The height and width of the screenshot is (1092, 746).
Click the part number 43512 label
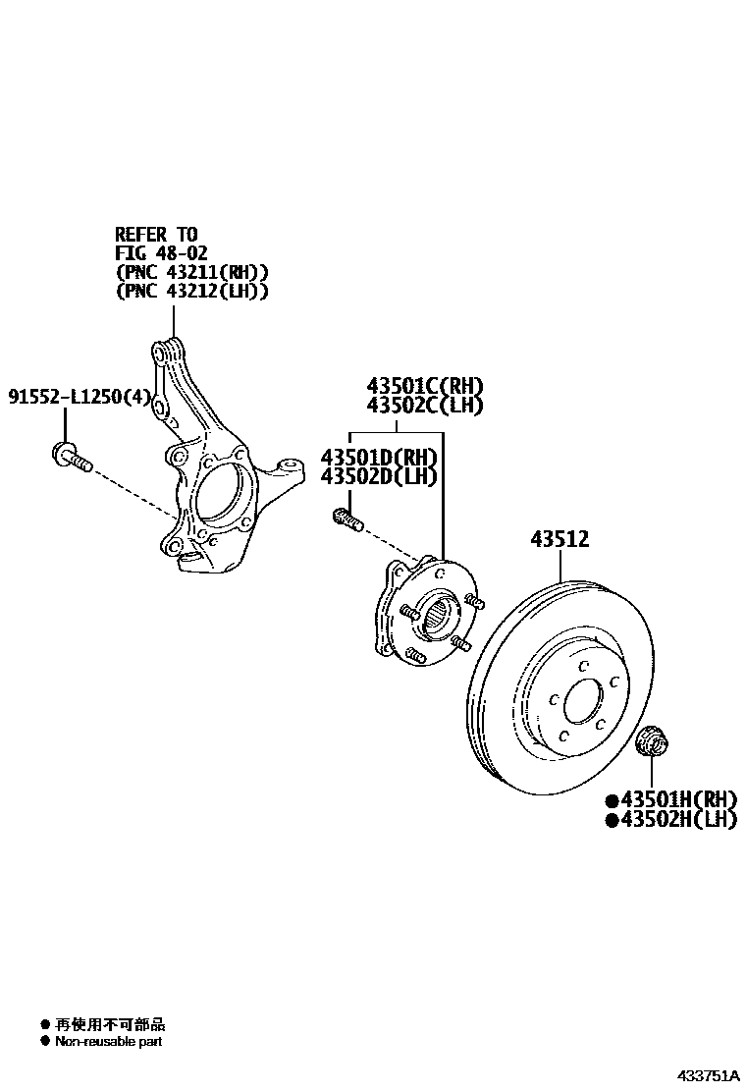pyautogui.click(x=559, y=539)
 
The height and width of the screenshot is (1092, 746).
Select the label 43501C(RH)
pyautogui.click(x=425, y=386)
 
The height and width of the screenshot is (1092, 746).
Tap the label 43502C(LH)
pyautogui.click(x=425, y=405)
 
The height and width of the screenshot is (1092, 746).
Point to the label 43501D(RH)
pyautogui.click(x=379, y=458)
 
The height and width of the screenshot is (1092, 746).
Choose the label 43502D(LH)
pyautogui.click(x=379, y=476)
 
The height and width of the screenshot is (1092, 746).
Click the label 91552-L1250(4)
pyautogui.click(x=80, y=397)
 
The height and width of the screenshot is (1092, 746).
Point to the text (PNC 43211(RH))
pyautogui.click(x=191, y=272)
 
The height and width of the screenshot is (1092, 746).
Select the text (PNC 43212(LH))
pyautogui.click(x=191, y=292)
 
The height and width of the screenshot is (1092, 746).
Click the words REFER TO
pyautogui.click(x=156, y=234)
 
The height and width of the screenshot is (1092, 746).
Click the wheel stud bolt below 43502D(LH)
pyautogui.click(x=347, y=518)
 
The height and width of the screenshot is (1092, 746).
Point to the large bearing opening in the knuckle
pyautogui.click(x=218, y=496)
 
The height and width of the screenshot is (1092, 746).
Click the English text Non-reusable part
pyautogui.click(x=108, y=1041)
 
